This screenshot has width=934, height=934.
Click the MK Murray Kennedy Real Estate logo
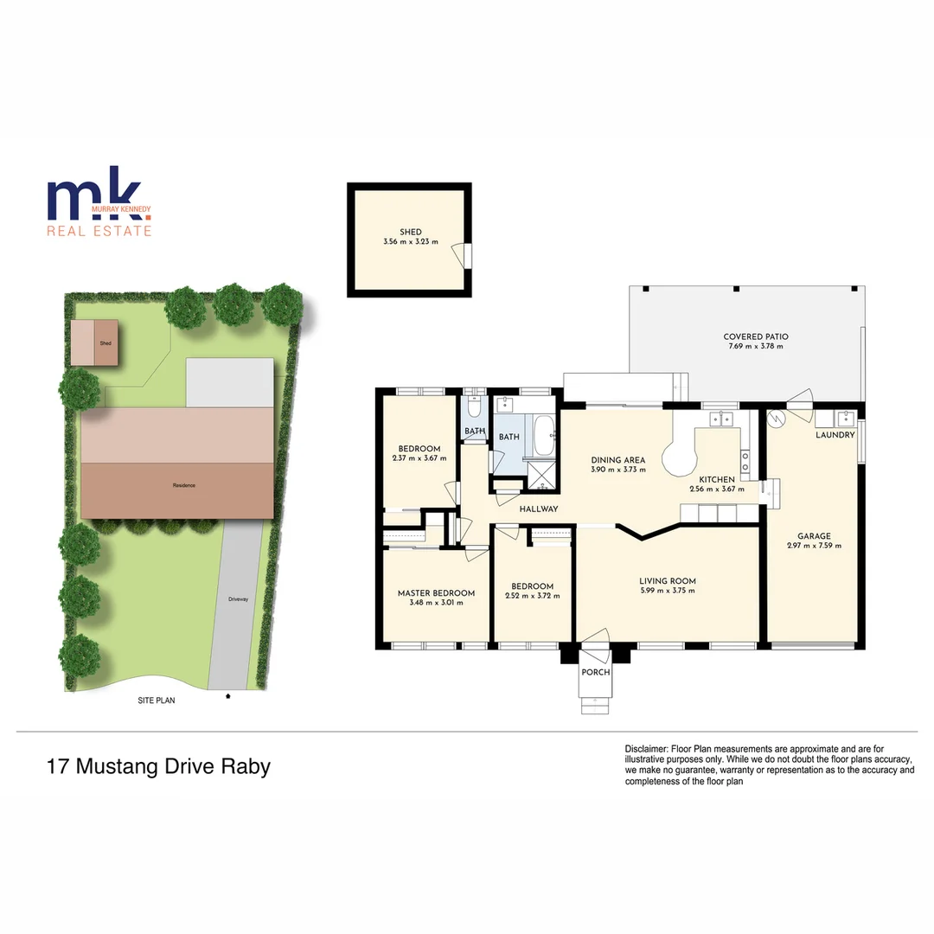point(99,208)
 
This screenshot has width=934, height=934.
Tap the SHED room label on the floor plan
point(410,232)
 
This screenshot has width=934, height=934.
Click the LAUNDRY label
point(835,435)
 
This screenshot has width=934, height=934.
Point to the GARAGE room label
point(814,536)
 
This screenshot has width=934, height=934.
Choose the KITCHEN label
point(717,479)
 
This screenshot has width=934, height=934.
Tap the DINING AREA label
point(617,460)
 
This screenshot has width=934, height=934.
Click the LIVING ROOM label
point(667,581)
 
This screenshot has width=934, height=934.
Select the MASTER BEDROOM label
point(436,593)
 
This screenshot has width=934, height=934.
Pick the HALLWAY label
point(538,509)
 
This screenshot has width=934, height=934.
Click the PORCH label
point(595,672)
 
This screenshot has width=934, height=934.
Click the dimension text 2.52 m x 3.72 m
point(532,596)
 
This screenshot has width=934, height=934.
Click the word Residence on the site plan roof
point(183,485)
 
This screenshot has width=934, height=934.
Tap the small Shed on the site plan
point(95,342)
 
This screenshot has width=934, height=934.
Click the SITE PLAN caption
point(157,700)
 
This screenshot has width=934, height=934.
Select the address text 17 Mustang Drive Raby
point(158,766)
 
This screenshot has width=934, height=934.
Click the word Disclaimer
point(645,748)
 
